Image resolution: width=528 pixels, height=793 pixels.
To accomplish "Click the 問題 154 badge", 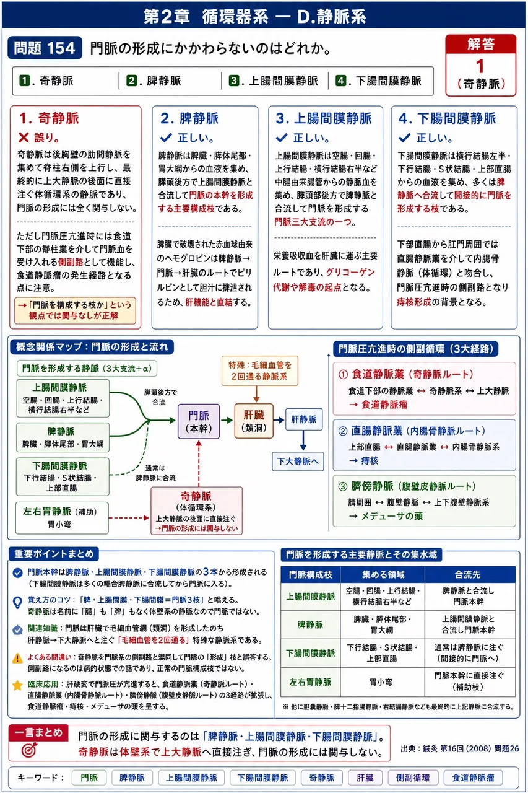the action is [x=45, y=48].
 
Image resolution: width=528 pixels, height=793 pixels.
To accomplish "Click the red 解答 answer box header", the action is [x=480, y=44].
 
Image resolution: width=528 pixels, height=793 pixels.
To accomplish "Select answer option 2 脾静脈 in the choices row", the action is [x=154, y=81].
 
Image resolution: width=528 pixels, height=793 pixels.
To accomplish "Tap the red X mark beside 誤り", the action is [x=24, y=138].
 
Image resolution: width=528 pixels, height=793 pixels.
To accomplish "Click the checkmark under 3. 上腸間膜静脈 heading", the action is [x=282, y=138].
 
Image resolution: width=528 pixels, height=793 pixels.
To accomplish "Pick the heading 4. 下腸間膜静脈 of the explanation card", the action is [x=448, y=118].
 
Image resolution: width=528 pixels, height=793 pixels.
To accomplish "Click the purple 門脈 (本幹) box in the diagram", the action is [x=199, y=421].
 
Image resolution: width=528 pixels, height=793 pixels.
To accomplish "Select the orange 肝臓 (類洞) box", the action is [x=254, y=421].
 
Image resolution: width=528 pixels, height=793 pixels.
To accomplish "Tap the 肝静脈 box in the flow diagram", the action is [x=304, y=419].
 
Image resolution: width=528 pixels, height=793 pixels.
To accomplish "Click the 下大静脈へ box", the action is [x=298, y=462].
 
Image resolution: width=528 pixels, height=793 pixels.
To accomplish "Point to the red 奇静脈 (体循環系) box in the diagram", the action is [x=197, y=510].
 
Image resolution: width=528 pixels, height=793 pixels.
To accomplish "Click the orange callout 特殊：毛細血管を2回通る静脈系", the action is [x=260, y=370].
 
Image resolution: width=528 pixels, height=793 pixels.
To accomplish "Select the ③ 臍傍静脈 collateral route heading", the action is [x=407, y=486].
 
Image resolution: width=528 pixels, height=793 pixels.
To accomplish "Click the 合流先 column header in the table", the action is [x=467, y=574].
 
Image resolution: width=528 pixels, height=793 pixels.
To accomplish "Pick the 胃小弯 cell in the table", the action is [x=381, y=682].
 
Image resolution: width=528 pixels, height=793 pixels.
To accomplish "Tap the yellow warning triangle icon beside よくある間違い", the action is [x=17, y=658].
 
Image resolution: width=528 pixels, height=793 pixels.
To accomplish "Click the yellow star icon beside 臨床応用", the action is [x=17, y=685].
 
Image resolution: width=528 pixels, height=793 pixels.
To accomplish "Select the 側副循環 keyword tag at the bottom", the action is [x=413, y=778].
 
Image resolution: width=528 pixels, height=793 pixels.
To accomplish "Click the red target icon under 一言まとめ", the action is [x=29, y=750].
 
